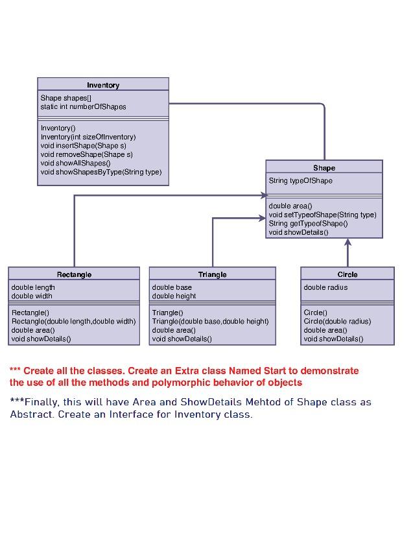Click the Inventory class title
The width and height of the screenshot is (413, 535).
(103, 85)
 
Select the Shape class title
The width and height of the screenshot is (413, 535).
(324, 168)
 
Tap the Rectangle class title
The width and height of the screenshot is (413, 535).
(74, 274)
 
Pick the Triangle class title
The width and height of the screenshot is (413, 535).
(212, 274)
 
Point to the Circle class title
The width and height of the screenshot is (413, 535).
(348, 274)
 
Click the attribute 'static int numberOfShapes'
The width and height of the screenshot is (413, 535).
(83, 106)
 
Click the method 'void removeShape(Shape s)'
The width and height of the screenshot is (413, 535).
(86, 154)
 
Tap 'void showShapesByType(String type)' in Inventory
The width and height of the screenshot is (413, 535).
(100, 172)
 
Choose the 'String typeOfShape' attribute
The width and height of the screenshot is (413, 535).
(300, 180)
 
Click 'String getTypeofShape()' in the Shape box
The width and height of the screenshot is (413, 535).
(308, 223)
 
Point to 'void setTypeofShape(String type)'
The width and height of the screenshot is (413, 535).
(322, 215)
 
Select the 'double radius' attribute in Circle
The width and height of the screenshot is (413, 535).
(325, 287)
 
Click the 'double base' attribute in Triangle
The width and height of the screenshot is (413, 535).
(172, 287)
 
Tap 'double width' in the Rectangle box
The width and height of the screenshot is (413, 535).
(32, 296)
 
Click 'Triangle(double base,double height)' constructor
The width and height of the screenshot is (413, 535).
(210, 321)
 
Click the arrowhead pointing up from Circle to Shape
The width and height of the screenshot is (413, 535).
(348, 243)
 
